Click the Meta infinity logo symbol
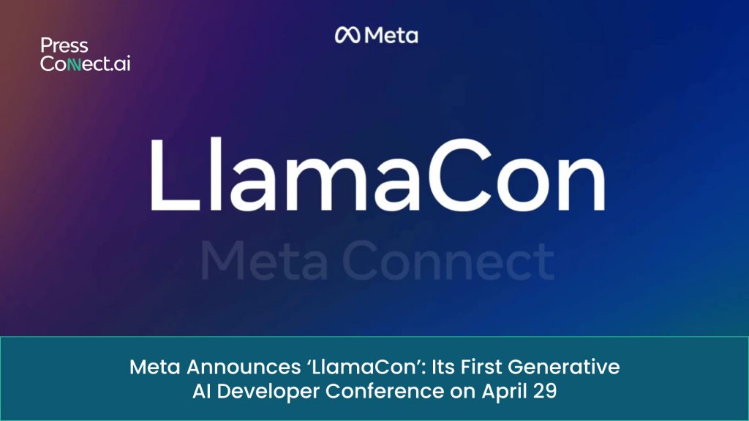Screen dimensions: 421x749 tap(347, 35)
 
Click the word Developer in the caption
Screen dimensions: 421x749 tap(266, 390)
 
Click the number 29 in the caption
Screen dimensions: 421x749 tap(546, 390)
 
